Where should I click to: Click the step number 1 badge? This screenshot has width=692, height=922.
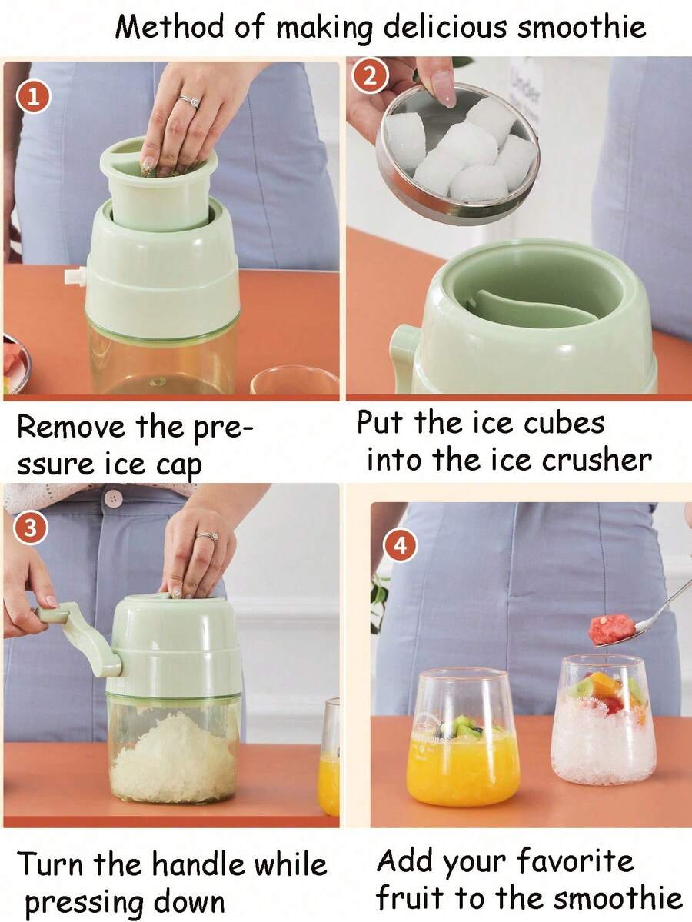pos(31,98)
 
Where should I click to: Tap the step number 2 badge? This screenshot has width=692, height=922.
pos(370,76)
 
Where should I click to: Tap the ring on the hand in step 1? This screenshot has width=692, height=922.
pos(189,101)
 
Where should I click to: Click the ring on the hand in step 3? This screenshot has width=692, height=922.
pos(206,537)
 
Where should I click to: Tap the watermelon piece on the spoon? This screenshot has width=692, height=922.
pos(611,629)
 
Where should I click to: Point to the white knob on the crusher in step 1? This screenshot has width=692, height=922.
pos(75,276)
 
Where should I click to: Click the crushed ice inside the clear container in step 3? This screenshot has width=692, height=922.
pos(173,757)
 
